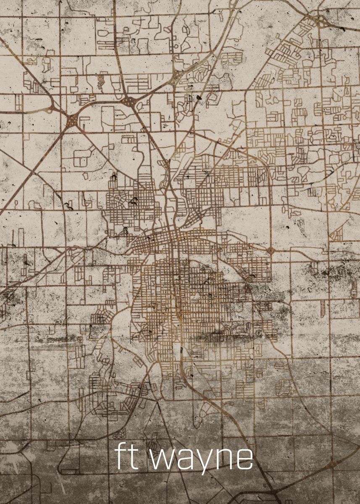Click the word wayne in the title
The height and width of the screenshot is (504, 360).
202,459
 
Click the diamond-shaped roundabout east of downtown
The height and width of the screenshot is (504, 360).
271,250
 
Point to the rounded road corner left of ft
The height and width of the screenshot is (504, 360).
63,466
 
